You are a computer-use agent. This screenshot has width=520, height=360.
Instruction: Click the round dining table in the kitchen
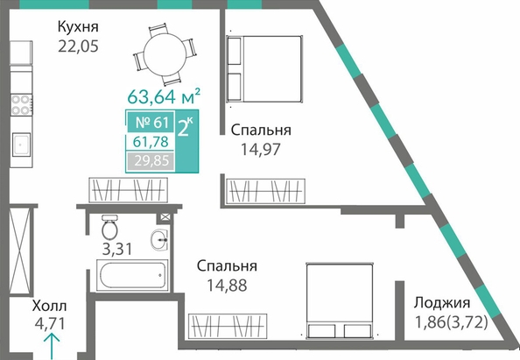click(165, 54)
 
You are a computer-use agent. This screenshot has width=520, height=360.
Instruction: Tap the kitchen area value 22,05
click(78, 46)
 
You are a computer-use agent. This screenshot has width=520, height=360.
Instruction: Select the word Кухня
click(78, 26)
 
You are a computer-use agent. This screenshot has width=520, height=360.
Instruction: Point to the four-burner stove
click(22, 105)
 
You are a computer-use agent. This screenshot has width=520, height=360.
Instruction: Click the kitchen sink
click(22, 145)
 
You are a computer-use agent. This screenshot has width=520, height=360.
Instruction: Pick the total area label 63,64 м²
click(164, 95)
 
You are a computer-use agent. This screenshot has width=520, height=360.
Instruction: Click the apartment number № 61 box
click(150, 122)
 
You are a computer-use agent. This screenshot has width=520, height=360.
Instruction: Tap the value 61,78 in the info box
click(151, 142)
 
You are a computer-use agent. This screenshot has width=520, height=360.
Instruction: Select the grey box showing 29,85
click(151, 161)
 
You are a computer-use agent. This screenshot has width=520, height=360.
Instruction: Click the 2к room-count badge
click(186, 141)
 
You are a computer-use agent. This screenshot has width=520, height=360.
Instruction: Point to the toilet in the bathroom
click(109, 227)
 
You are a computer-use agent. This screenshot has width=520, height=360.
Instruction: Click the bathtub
click(132, 275)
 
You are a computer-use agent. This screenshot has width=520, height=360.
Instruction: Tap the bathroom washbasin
click(160, 239)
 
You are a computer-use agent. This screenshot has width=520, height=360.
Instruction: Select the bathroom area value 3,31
click(117, 249)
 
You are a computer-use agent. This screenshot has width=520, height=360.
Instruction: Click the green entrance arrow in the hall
click(52, 347)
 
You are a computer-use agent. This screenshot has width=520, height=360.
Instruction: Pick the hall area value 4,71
click(50, 323)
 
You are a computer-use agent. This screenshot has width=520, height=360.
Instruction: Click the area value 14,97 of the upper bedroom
click(261, 149)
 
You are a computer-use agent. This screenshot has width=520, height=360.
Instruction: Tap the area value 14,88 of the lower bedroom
click(227, 286)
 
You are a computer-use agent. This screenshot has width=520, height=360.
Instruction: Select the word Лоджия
click(442, 303)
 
